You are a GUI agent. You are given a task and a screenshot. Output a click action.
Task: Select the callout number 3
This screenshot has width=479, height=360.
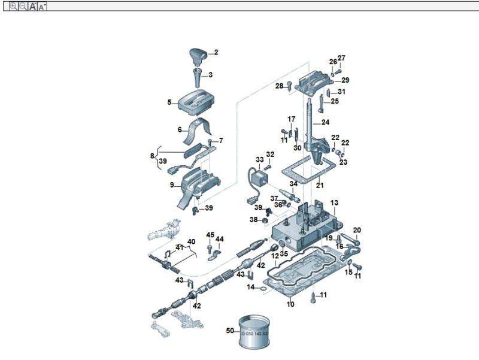210,75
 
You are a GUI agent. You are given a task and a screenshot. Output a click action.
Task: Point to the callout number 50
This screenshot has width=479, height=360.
230,331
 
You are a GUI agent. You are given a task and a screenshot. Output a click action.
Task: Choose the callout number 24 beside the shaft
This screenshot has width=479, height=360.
325,122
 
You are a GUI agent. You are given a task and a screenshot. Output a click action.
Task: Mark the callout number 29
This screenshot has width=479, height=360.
345,80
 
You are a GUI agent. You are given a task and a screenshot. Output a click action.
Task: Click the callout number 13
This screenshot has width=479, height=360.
334,203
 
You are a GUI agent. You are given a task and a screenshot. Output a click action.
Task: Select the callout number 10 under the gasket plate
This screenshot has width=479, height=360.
290,304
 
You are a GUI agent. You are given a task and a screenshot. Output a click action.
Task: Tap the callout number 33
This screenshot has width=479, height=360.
259,160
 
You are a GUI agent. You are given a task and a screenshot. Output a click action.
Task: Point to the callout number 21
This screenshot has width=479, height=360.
320,185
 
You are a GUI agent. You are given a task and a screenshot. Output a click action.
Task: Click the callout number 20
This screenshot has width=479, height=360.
357,230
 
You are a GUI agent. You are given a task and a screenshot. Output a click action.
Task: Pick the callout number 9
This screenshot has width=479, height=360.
172,184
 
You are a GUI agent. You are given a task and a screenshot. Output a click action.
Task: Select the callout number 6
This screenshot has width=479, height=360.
180,129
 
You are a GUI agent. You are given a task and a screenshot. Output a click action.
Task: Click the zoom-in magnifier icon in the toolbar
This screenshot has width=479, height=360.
13,6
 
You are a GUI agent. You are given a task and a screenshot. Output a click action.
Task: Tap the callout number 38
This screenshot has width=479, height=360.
253,220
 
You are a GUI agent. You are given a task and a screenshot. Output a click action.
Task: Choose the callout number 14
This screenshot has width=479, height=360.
251,287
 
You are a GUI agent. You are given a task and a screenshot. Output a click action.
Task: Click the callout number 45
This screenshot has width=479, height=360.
210,234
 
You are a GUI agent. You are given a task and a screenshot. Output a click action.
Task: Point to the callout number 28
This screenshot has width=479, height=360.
279,86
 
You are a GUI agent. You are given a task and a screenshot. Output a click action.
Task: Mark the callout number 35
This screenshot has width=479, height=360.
284,253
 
